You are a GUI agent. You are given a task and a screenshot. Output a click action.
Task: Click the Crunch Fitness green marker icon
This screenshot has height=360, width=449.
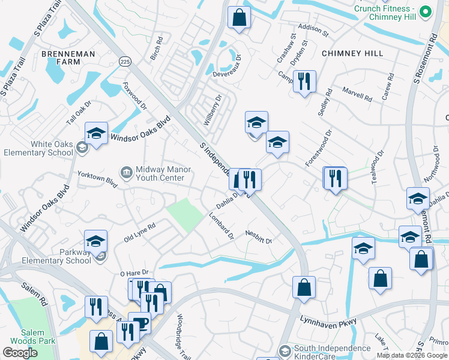pyautogui.click(x=426, y=11)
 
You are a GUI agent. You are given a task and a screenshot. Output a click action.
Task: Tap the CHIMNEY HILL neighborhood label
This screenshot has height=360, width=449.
pyautogui.click(x=352, y=53)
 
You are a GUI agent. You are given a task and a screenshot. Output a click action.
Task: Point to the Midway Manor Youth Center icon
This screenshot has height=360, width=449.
pyautogui.click(x=126, y=173)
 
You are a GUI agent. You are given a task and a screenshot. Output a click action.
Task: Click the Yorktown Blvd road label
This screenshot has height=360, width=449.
pyautogui.click(x=97, y=178)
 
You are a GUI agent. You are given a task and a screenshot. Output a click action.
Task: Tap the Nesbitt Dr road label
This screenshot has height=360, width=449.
pyautogui.click(x=259, y=237)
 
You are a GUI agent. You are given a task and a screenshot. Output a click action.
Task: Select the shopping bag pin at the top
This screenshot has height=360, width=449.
pyautogui.click(x=240, y=18)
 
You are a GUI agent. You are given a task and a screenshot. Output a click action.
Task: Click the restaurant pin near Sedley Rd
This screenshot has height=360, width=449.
pyautogui.click(x=304, y=81)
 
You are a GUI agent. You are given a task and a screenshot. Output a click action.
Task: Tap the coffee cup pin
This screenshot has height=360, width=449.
pyautogui.click(x=139, y=323)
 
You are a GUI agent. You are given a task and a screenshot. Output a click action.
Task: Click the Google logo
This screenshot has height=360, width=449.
pyautogui.click(x=20, y=353)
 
